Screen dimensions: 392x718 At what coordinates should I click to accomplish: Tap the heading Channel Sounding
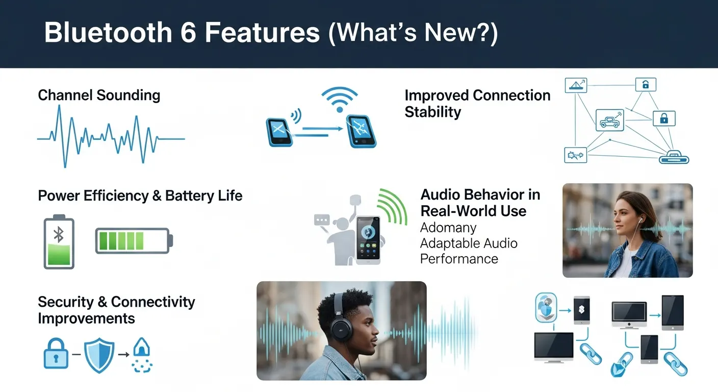[x=99, y=95]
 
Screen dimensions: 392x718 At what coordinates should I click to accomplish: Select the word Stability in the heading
[x=432, y=112]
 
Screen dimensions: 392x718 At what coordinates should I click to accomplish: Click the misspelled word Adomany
[x=448, y=228]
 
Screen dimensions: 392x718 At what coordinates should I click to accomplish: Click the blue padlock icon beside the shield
[x=56, y=353]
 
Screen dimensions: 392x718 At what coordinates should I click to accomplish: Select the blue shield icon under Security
[x=99, y=354]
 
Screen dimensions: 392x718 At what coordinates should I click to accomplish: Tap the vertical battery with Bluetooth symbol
[x=59, y=242]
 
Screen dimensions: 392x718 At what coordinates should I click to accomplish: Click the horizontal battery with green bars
[x=134, y=240]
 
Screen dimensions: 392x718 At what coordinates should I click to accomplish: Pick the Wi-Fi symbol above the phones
[x=339, y=100]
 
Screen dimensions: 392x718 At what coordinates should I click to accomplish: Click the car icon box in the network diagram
[x=610, y=120]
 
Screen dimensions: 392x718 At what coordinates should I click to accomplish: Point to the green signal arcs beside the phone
[x=394, y=207]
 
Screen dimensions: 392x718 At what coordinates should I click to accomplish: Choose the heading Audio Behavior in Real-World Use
[x=480, y=203]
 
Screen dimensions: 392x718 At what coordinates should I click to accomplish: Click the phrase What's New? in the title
[x=414, y=33]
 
